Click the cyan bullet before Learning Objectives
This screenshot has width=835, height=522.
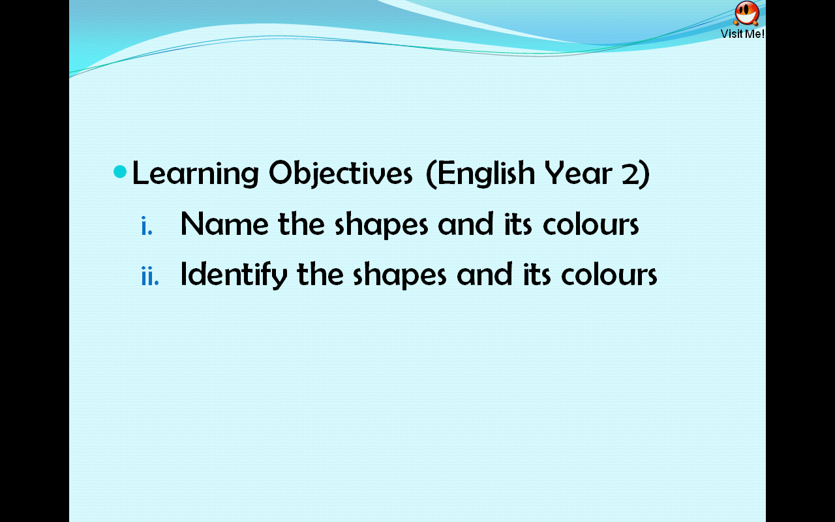point(120,172)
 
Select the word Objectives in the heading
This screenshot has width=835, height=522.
point(341,174)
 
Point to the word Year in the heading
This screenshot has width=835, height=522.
point(579,174)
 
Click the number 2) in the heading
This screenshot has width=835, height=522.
point(635,174)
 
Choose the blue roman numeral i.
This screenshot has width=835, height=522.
point(147,226)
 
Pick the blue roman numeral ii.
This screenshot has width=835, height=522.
point(149,276)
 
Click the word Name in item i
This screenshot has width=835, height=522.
point(224,224)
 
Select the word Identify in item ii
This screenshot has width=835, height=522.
point(234,275)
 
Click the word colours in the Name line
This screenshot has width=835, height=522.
point(590,224)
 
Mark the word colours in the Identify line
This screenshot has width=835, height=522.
point(609,275)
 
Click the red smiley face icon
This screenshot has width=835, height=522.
point(746,12)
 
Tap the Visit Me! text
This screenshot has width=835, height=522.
point(742,34)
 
